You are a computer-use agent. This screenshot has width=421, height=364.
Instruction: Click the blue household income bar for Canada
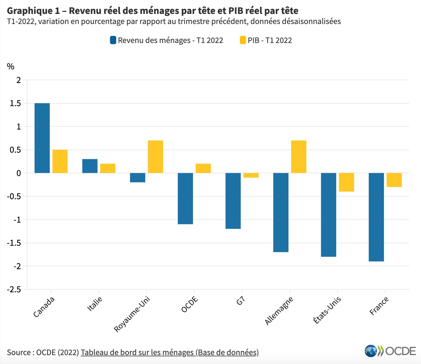tap(42, 138)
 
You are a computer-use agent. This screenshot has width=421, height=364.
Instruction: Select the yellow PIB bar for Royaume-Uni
tap(155, 157)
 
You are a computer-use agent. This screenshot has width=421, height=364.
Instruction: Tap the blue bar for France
tap(376, 217)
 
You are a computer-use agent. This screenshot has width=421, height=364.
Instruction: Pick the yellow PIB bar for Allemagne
tap(299, 157)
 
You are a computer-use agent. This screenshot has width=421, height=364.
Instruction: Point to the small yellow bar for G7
tap(251, 175)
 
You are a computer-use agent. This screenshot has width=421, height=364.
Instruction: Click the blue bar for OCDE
tap(185, 199)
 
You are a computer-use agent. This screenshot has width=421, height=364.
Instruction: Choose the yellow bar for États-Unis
tap(346, 182)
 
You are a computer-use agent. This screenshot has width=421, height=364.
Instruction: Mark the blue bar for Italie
tap(90, 166)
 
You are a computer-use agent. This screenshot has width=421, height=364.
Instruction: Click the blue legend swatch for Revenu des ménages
tap(113, 40)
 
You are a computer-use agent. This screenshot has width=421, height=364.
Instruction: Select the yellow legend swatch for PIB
tap(243, 40)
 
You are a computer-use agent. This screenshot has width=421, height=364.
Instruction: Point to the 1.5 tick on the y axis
tap(15, 103)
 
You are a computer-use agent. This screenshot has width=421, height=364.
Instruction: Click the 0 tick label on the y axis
tap(19, 173)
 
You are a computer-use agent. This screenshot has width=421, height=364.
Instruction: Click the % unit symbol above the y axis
tap(11, 67)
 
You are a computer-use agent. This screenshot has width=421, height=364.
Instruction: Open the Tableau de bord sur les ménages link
tap(170, 352)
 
